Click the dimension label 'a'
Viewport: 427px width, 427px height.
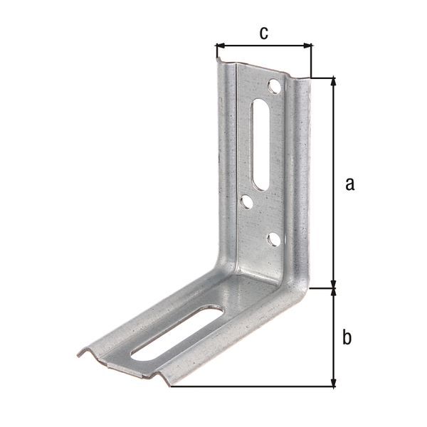(349, 184)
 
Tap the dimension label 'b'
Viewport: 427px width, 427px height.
(347, 337)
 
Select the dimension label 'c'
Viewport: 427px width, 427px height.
(263, 33)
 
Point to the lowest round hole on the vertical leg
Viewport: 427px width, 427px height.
(273, 240)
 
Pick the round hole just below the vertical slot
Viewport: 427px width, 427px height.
(246, 203)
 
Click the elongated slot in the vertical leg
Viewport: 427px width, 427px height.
(261, 144)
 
